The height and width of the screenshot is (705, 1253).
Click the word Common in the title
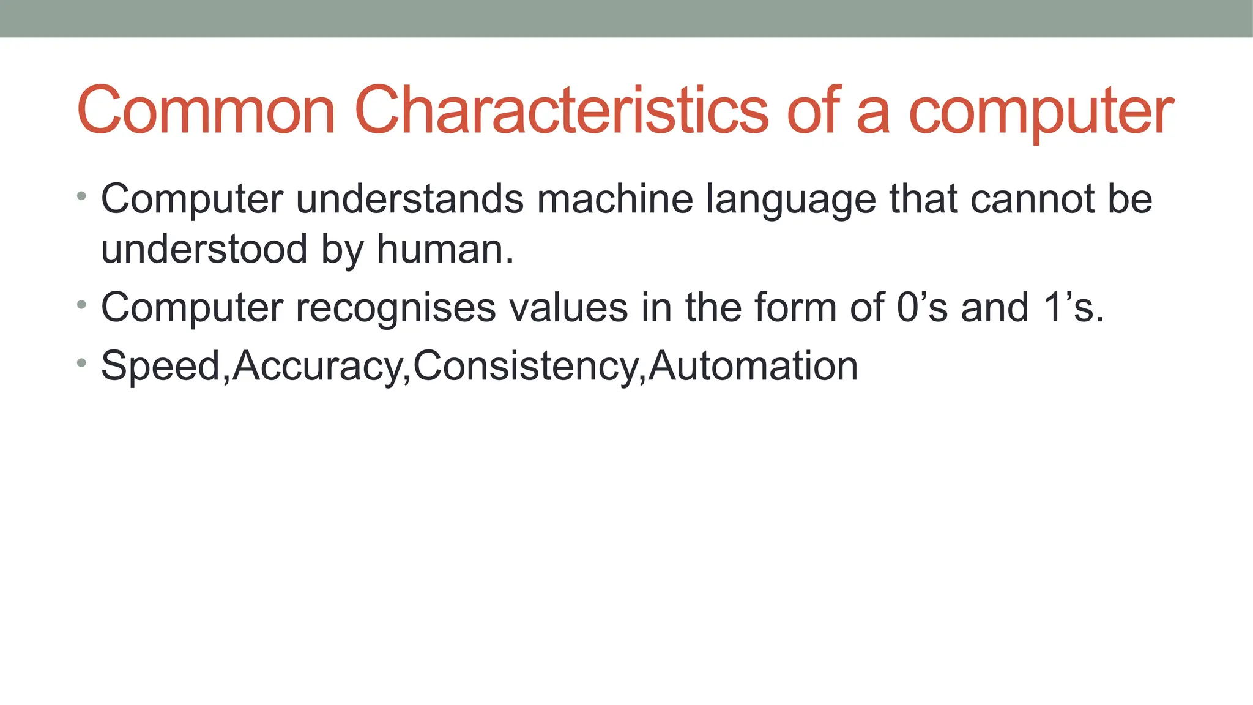coord(206,111)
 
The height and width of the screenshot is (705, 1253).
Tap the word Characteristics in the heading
coord(561,111)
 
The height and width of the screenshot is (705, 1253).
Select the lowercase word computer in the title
coord(1041,114)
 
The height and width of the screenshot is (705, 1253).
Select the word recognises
coord(395,308)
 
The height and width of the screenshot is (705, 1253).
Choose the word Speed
coord(161,366)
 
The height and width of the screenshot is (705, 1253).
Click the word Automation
coord(753,366)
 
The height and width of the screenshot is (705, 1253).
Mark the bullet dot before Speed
coord(81,363)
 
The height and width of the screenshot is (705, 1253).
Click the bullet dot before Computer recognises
coord(81,304)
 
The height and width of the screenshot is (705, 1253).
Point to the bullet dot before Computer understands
coord(81,196)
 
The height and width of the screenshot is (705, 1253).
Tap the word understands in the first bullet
coord(409,200)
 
